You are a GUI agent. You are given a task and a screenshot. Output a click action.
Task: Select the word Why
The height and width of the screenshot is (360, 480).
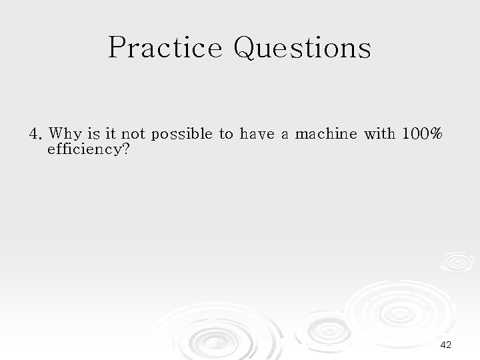pos(63,134)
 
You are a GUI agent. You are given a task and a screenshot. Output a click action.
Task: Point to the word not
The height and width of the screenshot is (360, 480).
pos(134,134)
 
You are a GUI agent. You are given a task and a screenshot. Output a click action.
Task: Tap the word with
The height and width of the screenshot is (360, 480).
pos(379,134)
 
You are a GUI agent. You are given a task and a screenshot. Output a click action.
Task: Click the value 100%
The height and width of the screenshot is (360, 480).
pos(421,134)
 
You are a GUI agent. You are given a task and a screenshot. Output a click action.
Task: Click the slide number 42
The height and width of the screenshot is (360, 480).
pos(447,345)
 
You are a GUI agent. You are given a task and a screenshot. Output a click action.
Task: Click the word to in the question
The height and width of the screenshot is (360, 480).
pos(227,134)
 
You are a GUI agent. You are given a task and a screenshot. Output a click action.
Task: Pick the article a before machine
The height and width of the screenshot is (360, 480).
pos(285,135)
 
